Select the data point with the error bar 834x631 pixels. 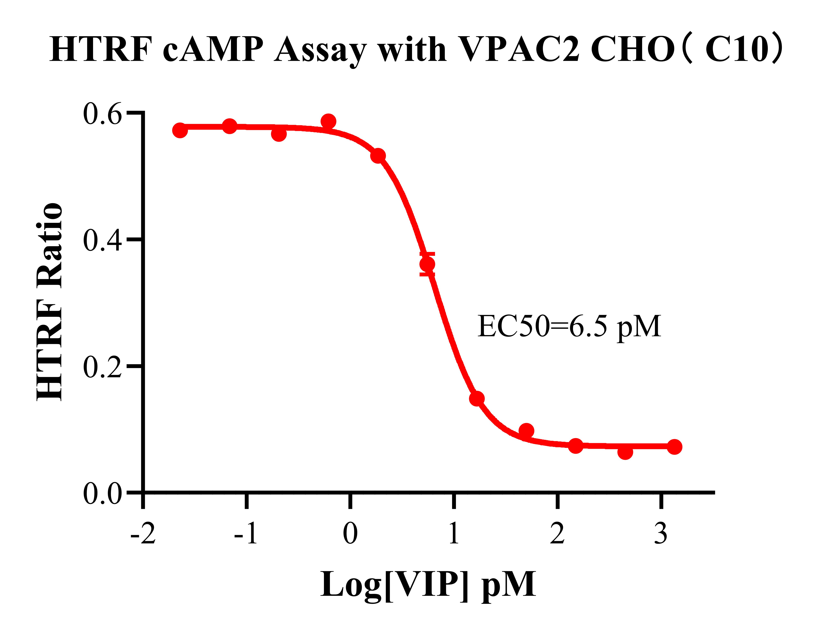[x=427, y=264]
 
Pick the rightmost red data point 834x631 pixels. [x=674, y=447]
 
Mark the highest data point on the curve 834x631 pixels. [x=328, y=121]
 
